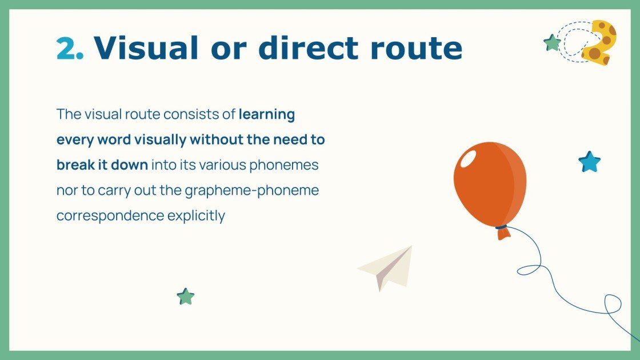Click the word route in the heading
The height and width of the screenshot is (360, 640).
[x=417, y=48]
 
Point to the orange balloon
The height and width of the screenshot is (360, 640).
[x=490, y=183]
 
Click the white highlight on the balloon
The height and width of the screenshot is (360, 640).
[x=468, y=158]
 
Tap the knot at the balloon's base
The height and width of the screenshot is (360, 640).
[x=502, y=230]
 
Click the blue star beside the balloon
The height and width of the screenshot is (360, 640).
[x=589, y=162]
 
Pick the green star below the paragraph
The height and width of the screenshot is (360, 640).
[x=186, y=297]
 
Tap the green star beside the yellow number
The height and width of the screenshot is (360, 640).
[x=552, y=43]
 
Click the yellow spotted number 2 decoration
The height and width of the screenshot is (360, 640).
[x=599, y=42]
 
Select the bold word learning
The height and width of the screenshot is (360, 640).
[x=266, y=114]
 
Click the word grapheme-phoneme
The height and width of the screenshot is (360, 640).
[x=251, y=190]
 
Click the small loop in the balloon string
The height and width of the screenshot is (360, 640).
[x=529, y=269]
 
